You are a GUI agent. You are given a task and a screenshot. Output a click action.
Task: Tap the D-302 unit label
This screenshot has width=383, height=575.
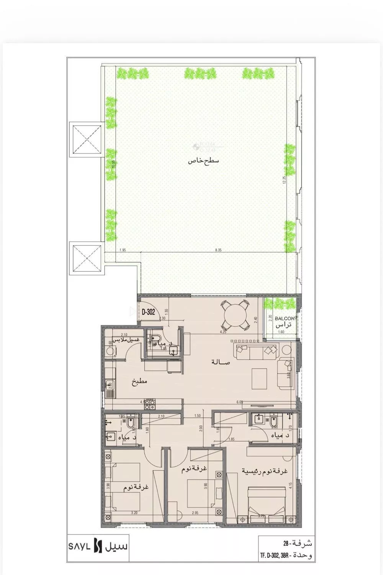pyautogui.click(x=148, y=312)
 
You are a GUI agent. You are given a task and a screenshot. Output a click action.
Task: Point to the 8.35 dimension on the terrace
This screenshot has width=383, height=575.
pyautogui.click(x=218, y=250)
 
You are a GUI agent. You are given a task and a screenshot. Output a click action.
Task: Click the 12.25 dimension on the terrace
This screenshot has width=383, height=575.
pyautogui.click(x=285, y=180)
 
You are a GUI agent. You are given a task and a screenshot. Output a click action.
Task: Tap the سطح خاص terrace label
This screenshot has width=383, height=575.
pyautogui.click(x=203, y=161)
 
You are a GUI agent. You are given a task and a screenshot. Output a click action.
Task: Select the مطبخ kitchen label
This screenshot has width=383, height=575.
pyautogui.click(x=139, y=382)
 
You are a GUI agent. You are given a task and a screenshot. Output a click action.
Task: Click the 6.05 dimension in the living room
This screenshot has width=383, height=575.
pyautogui.click(x=240, y=402)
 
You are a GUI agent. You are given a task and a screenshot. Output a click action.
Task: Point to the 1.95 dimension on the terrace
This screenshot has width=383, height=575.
pyautogui.click(x=123, y=250)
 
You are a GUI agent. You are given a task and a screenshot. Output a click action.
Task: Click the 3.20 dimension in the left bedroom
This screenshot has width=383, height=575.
pyautogui.click(x=134, y=513)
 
